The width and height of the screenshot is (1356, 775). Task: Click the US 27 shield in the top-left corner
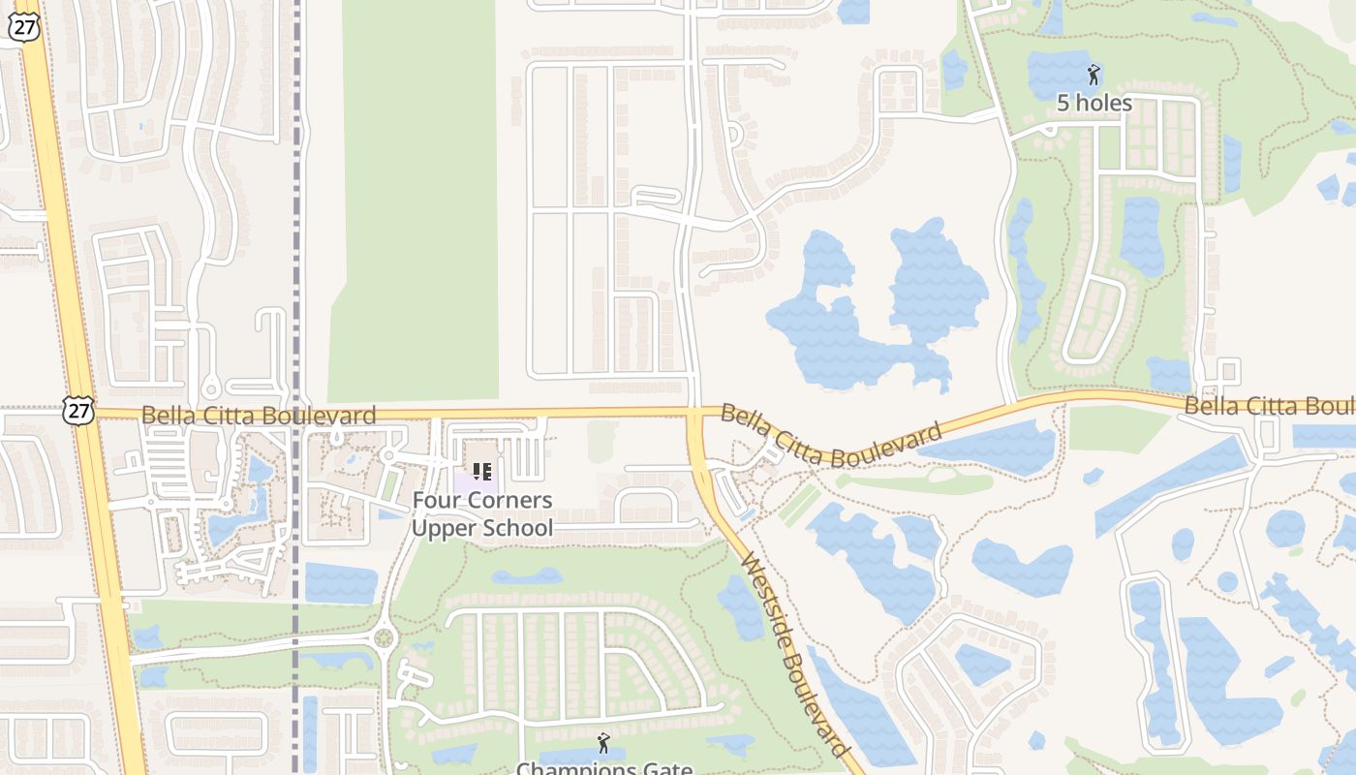(x=24, y=27)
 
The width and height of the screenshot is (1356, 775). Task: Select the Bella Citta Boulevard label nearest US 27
(x=259, y=417)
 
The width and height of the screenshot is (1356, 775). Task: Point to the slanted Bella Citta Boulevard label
(x=831, y=435)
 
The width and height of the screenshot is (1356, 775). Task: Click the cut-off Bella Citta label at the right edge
(x=1269, y=406)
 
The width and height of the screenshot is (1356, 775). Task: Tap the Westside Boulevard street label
(x=795, y=656)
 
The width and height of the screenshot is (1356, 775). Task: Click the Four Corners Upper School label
(x=482, y=514)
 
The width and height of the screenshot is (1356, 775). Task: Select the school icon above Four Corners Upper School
(x=482, y=472)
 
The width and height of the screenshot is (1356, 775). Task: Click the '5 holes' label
(x=1094, y=103)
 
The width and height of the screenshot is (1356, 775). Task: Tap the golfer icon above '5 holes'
(x=1094, y=75)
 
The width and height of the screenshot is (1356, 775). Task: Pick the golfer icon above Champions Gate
(x=604, y=743)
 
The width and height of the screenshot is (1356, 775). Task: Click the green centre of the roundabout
(x=385, y=638)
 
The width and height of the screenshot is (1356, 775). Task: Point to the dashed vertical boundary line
(x=296, y=242)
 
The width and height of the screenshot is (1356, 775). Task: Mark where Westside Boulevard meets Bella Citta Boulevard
(x=695, y=415)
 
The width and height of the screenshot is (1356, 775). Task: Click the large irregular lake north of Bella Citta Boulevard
(x=872, y=310)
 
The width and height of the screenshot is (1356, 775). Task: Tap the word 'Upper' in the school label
(x=443, y=528)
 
